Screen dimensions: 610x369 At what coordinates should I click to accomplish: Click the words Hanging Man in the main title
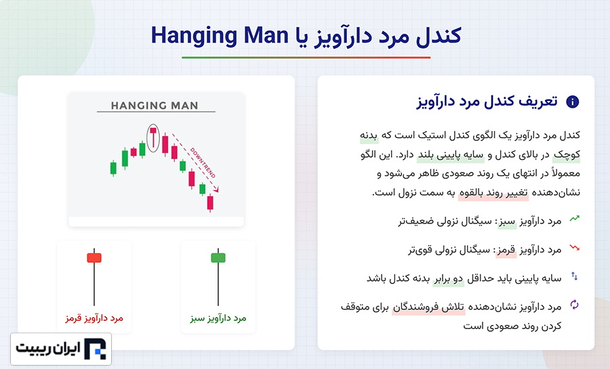pyautogui.click(x=220, y=36)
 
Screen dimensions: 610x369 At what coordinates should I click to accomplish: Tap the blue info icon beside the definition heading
pyautogui.click(x=572, y=102)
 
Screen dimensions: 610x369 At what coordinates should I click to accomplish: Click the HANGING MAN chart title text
pyautogui.click(x=155, y=105)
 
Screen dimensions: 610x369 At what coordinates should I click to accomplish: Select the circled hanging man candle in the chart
pyautogui.click(x=153, y=138)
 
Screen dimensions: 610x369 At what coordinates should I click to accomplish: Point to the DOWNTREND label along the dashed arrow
pyautogui.click(x=202, y=162)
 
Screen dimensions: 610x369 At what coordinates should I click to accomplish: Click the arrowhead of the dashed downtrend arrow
pyautogui.click(x=216, y=189)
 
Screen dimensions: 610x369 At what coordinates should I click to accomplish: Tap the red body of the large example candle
pyautogui.click(x=94, y=257)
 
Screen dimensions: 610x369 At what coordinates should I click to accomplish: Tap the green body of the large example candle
pyautogui.click(x=218, y=257)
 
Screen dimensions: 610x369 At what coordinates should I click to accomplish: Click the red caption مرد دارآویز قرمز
pyautogui.click(x=94, y=318)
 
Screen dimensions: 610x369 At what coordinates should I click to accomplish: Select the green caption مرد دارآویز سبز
pyautogui.click(x=218, y=318)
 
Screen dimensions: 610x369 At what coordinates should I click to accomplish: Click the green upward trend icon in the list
pyautogui.click(x=575, y=218)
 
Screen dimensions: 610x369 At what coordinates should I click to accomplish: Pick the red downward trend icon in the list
pyautogui.click(x=575, y=247)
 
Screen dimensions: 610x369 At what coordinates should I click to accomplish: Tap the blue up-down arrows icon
pyautogui.click(x=575, y=276)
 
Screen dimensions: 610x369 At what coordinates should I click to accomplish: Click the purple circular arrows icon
pyautogui.click(x=575, y=305)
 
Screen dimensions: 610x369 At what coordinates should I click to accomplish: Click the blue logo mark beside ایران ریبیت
pyautogui.click(x=96, y=349)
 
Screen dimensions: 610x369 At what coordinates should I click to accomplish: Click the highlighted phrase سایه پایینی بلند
pyautogui.click(x=451, y=155)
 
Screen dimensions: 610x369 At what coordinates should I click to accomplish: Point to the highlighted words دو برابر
pyautogui.click(x=449, y=278)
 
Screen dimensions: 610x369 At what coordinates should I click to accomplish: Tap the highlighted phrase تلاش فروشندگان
pyautogui.click(x=428, y=307)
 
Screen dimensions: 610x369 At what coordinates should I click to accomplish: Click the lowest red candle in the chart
pyautogui.click(x=210, y=202)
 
